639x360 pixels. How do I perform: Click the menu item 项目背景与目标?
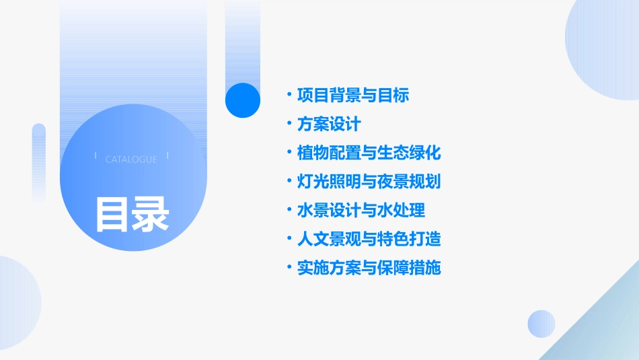click(352, 96)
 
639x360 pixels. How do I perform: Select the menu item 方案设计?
click(329, 124)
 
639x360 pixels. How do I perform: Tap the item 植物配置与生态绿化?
click(369, 153)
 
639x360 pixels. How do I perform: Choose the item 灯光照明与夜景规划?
click(369, 182)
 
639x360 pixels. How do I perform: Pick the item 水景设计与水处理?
click(361, 210)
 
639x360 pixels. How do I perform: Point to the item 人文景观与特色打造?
click(369, 239)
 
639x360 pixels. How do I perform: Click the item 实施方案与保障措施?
click(369, 268)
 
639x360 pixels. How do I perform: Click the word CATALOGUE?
click(131, 159)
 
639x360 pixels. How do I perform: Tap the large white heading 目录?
click(132, 214)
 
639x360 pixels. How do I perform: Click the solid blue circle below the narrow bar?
click(243, 100)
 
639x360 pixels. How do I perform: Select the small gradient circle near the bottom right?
click(541, 324)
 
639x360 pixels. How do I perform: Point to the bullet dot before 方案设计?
click(289, 124)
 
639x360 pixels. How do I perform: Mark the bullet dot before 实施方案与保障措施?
click(289, 268)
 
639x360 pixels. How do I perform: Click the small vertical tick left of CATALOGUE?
click(96, 155)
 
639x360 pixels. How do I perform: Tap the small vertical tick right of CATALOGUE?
click(167, 155)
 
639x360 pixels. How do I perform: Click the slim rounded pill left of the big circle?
click(39, 161)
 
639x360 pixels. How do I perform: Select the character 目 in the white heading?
click(112, 214)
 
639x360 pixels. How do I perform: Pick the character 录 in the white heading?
click(151, 214)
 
